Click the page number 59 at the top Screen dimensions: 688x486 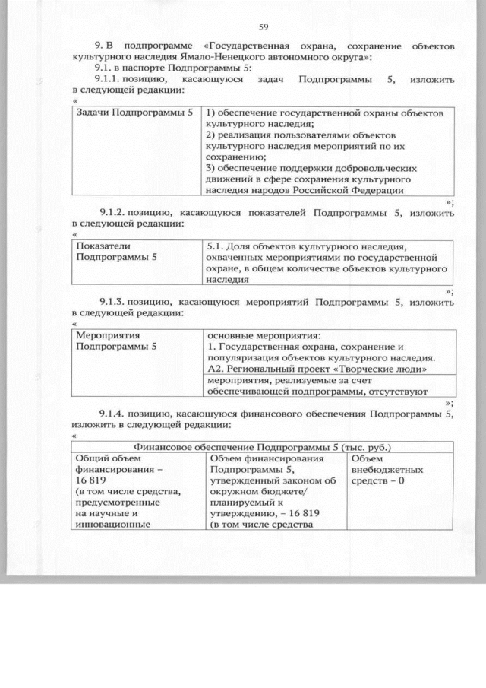pos(264,28)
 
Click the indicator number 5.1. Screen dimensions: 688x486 pos(216,246)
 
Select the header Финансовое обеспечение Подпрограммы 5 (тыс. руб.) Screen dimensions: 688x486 pos(262,446)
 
